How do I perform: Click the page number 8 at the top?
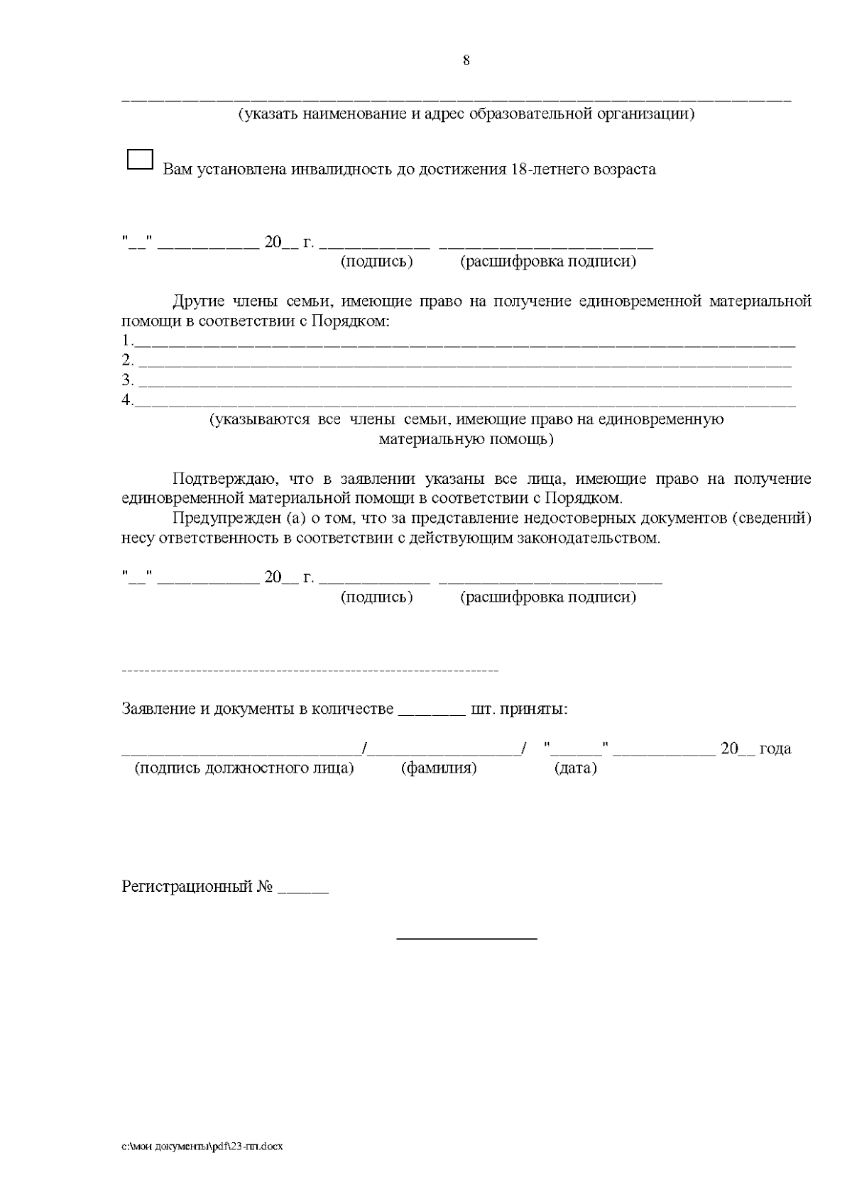pos(466,60)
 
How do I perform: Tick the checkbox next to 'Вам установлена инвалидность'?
pos(140,160)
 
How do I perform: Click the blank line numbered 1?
pos(465,342)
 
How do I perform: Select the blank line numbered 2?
pos(465,362)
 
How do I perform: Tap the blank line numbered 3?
pos(465,382)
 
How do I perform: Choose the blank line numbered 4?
pos(465,402)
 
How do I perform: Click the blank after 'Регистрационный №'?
pos(303,888)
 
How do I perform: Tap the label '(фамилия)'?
pos(439,768)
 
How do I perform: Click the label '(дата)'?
pos(575,768)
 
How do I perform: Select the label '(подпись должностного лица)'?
pos(244,768)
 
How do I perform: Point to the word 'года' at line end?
pos(775,749)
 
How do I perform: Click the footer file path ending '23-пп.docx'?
pos(202,1147)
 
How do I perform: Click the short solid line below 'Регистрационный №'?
pos(466,939)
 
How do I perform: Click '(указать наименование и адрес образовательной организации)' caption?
pos(466,114)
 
